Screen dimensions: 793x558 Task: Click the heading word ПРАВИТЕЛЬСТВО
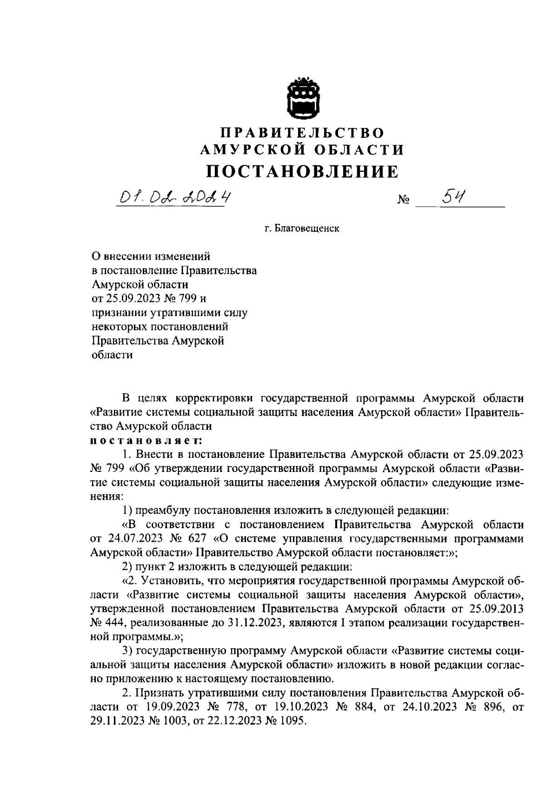tap(302, 133)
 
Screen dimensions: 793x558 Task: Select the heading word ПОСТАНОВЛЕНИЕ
tap(303, 172)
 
